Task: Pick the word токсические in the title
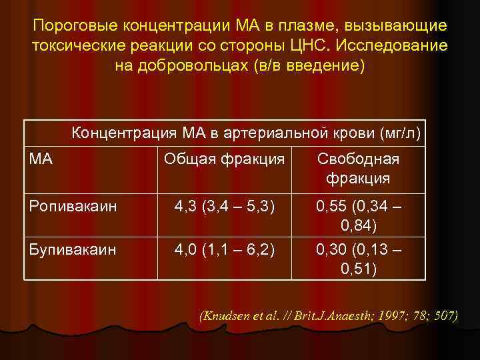73,47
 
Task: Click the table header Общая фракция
224,159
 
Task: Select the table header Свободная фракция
358,169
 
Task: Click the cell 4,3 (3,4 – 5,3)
224,207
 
